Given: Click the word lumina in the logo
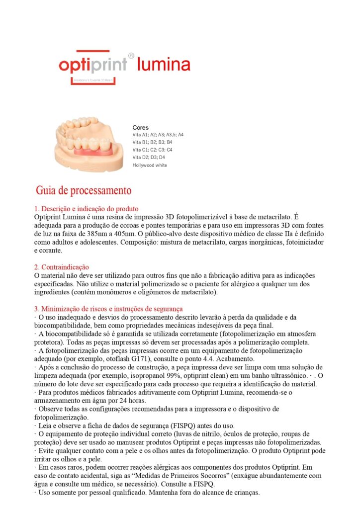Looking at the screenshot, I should click(164, 65).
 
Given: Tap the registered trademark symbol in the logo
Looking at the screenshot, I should click(131, 56).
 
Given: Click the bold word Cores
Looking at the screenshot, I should click(140, 128).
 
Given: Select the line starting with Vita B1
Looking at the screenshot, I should click(152, 142).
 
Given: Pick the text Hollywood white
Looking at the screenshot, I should click(150, 165).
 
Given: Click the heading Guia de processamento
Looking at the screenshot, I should click(84, 190).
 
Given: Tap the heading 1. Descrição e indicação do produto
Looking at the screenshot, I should click(87, 209).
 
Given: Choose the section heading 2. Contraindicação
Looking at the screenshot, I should click(62, 267).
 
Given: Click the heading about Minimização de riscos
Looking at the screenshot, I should click(108, 309).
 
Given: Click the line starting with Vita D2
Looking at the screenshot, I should click(149, 157).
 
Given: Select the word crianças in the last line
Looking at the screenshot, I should click(244, 493).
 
